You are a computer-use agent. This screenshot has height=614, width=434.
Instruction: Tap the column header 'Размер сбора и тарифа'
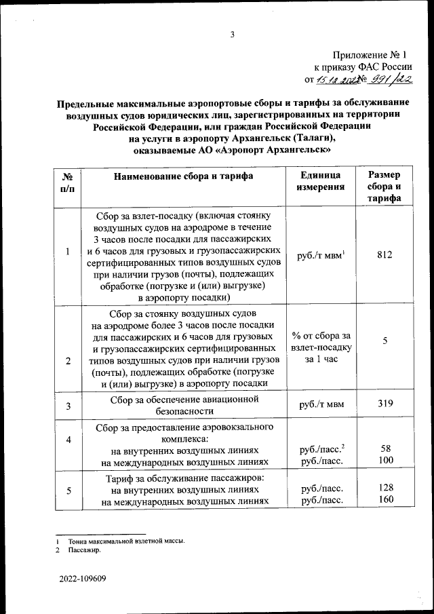(384, 187)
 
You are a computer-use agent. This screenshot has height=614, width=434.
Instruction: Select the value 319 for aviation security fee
(384, 405)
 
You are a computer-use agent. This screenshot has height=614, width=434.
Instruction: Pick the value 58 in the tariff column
(384, 449)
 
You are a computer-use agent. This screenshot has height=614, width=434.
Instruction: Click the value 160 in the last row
(384, 501)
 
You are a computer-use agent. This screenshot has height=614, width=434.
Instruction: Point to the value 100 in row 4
(384, 461)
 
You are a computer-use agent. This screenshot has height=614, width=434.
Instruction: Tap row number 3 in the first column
(68, 406)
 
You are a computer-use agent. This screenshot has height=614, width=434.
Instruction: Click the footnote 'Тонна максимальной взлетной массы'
(125, 541)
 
